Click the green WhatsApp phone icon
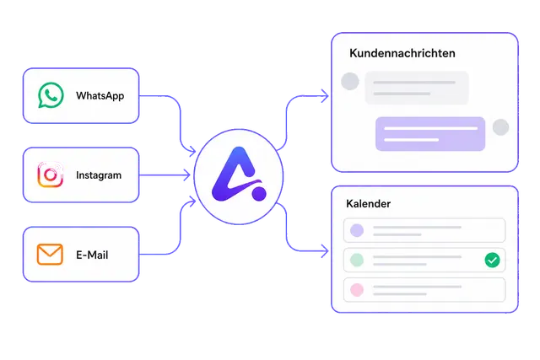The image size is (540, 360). click(x=51, y=95)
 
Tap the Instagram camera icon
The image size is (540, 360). click(x=51, y=175)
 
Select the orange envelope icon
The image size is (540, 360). click(x=50, y=255)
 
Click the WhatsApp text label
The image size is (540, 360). click(x=100, y=95)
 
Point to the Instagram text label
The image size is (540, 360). click(x=99, y=175)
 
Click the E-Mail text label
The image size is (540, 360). click(x=92, y=255)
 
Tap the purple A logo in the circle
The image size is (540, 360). click(x=239, y=175)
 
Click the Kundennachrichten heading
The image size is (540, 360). click(x=402, y=53)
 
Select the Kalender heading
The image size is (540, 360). click(x=368, y=204)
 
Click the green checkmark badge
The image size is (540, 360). click(x=492, y=260)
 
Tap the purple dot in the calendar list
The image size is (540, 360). click(x=357, y=230)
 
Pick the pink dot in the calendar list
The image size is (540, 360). click(x=357, y=290)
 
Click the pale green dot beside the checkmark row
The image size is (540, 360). click(x=357, y=260)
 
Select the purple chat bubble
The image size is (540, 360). click(x=430, y=134)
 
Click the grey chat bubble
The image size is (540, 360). click(x=417, y=88)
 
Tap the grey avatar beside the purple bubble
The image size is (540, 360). click(x=500, y=127)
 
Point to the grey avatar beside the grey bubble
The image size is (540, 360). click(x=350, y=81)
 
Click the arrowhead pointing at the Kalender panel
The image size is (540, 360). click(x=325, y=251)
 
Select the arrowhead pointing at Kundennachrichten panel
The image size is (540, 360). click(x=325, y=96)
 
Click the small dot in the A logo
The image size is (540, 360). click(x=259, y=193)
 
